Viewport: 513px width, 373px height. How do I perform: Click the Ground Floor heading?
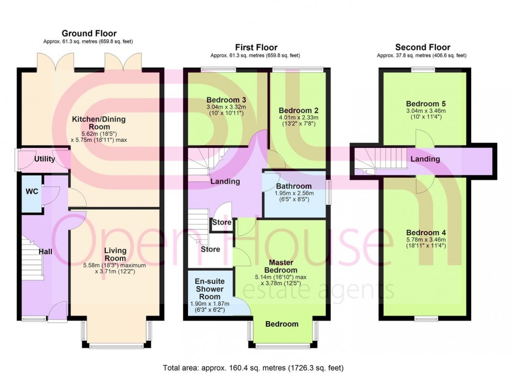(x=89, y=34)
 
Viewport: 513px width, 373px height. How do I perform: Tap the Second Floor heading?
(x=422, y=47)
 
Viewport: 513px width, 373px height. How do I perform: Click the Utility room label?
(x=44, y=159)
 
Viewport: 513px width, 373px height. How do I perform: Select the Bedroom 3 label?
(x=226, y=100)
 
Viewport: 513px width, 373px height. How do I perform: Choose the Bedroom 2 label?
(x=298, y=111)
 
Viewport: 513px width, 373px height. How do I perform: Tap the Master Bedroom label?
(x=283, y=266)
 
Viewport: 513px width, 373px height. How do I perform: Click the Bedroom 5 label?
(x=425, y=103)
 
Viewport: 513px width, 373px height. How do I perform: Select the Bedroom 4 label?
(x=425, y=233)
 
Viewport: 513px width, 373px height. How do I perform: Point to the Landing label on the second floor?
(x=425, y=159)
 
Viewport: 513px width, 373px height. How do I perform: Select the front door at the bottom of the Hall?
(x=57, y=313)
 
